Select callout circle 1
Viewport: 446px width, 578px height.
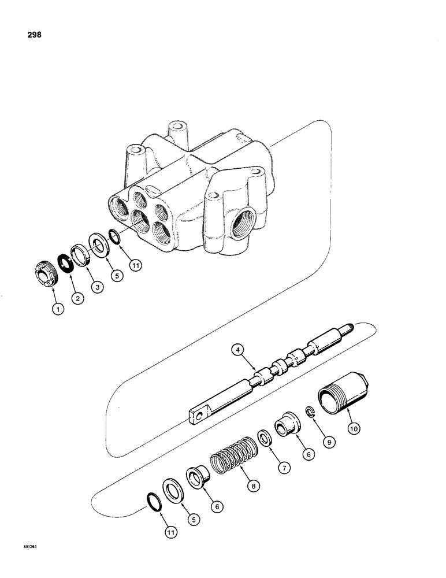(x=58, y=309)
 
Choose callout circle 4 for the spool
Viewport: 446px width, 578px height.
(x=237, y=350)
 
